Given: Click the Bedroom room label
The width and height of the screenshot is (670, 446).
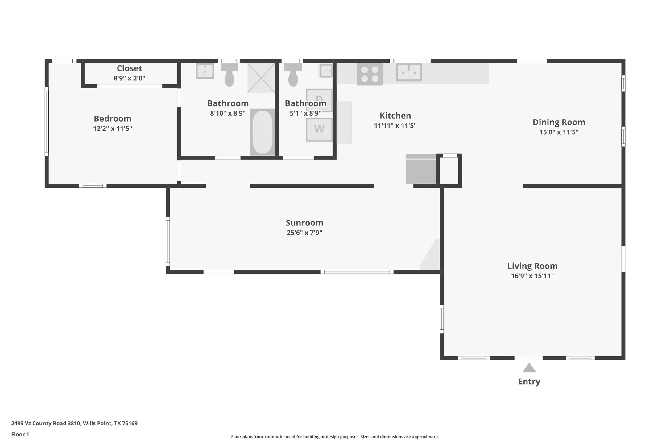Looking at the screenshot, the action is (x=113, y=119).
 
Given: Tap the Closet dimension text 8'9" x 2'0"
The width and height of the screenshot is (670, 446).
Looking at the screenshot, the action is (x=129, y=78).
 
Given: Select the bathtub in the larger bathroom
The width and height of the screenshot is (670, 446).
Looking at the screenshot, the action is (x=263, y=132).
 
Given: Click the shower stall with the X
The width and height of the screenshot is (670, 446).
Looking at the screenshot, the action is (x=261, y=78).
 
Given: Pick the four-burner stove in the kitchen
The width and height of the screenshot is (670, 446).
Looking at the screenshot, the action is (x=370, y=74).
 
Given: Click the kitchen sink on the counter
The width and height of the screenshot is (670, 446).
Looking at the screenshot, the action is (x=409, y=72).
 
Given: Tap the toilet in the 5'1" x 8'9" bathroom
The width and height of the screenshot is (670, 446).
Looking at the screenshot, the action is (x=293, y=75).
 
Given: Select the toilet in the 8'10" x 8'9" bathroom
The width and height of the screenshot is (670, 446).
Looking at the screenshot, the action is (x=229, y=75).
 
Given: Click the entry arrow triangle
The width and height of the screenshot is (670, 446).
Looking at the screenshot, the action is (x=529, y=368).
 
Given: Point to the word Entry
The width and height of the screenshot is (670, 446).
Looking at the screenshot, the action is (x=529, y=382).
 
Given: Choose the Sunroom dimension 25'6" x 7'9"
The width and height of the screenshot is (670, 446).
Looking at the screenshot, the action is (x=304, y=233).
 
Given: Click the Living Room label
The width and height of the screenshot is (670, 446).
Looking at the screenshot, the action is (x=532, y=266).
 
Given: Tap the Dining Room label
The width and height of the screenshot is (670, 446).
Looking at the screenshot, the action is (x=559, y=122).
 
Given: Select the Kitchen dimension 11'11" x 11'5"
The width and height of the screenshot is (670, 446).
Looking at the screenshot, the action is (x=395, y=126).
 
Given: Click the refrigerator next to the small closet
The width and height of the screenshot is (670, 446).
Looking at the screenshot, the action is (x=421, y=169).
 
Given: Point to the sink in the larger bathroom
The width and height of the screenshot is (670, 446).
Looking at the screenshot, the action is (x=205, y=71).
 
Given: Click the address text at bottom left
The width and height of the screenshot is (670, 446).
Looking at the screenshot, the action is (x=74, y=423).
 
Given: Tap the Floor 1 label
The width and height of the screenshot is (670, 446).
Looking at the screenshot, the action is (x=20, y=435).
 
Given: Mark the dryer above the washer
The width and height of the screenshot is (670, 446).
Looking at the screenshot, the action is (x=319, y=100).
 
